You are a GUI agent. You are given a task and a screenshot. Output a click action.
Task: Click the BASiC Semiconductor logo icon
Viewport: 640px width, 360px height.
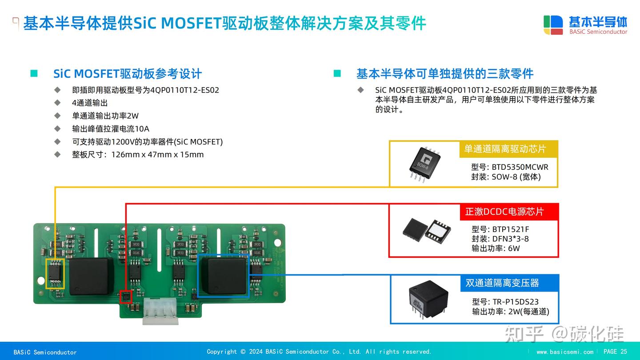tap(553, 25)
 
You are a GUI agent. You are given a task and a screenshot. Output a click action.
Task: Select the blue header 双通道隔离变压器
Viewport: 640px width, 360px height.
tap(502, 283)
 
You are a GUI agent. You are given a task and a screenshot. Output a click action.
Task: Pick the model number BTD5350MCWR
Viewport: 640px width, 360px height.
tap(520, 167)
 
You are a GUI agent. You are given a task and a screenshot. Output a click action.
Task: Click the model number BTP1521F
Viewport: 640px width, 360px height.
tap(510, 229)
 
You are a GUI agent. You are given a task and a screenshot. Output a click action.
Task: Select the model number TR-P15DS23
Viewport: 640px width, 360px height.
tap(515, 301)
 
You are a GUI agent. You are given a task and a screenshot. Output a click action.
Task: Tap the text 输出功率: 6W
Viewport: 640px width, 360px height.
tap(496, 248)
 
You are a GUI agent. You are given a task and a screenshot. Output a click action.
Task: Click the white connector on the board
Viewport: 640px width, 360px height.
tap(160, 311)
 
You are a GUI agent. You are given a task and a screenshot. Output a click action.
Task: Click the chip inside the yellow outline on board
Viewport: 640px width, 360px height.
tap(56, 273)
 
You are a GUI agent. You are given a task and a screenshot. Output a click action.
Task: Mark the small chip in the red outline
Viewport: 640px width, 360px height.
tap(126, 296)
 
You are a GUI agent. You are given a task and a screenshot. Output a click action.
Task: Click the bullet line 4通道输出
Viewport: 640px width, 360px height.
tap(90, 103)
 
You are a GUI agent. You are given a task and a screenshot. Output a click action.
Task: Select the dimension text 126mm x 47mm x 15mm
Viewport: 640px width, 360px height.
tap(157, 155)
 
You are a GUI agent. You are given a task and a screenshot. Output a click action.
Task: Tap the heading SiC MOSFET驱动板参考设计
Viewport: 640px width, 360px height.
tap(128, 74)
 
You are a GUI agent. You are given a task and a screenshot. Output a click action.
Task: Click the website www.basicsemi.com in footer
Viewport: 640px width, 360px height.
tap(564, 352)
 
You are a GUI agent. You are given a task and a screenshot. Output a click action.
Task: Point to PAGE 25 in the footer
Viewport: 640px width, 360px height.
tap(615, 352)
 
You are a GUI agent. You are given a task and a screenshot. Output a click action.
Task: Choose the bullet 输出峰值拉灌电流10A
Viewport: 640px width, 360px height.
tap(111, 129)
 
